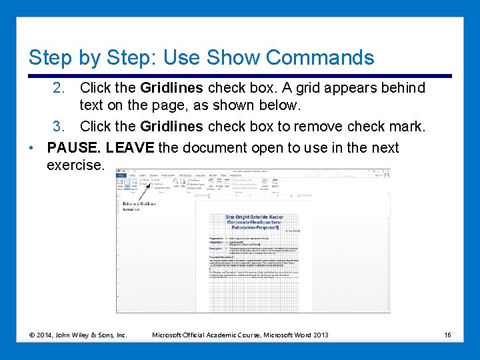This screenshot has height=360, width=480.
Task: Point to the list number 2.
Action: pos(59,88)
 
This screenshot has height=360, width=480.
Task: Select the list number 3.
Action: pos(59,127)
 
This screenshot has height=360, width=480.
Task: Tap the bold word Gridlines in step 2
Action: pos(171,88)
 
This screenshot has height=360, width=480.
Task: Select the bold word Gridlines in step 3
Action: pos(171,127)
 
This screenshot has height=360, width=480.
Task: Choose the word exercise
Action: pos(75,165)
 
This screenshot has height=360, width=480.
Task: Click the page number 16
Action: pos(447,335)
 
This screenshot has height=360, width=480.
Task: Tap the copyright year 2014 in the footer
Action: pos(46,335)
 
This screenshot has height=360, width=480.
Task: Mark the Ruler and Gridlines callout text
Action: pos(138,204)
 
